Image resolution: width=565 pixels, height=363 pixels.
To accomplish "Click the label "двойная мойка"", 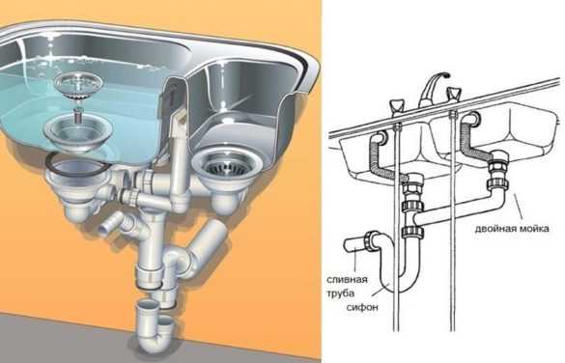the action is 512,229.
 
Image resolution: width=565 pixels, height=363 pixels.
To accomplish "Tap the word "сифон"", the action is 362,307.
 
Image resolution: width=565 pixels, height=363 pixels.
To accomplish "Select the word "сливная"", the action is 347,279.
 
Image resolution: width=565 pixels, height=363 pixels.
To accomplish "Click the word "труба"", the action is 341,293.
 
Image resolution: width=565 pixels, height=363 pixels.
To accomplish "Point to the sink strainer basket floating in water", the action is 78,85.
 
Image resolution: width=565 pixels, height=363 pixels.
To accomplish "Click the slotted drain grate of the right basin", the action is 226,166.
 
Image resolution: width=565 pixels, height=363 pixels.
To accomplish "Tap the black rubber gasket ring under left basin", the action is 78,164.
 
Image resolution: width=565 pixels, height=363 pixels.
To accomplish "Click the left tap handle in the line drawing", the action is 397,107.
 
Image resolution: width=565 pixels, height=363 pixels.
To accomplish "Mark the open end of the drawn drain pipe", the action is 347,245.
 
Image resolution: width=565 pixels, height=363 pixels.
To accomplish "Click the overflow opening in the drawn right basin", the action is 473,119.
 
